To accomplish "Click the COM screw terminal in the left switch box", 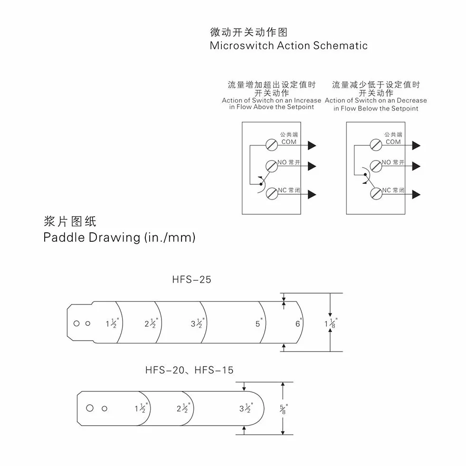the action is coord(272,145).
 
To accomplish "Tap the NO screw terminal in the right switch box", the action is coord(376,166).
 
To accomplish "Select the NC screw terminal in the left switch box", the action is coord(272,194).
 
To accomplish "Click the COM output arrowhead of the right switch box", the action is coord(416,146).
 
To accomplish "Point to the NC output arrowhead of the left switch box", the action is coord(312,195).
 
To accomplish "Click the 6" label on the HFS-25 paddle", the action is coord(299,323).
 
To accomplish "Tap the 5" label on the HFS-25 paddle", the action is coord(259,323).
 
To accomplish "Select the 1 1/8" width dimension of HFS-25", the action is coord(331,323).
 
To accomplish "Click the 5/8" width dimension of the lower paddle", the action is coord(284,409).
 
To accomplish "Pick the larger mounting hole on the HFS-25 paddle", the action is coord(76,323).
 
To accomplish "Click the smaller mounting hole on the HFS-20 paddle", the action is coord(105,409).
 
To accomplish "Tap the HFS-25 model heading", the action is coord(192,280).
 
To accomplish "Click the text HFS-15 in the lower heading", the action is coord(214,371).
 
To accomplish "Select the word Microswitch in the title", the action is coord(242,46).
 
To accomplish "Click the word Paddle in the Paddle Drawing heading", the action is coord(64,238).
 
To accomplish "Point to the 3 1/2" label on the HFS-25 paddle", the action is coord(197,323).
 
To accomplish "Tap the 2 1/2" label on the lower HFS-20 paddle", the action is coord(183,409).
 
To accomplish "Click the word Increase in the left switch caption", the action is coord(308,100).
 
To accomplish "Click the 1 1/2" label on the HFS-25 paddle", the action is coord(112,323).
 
